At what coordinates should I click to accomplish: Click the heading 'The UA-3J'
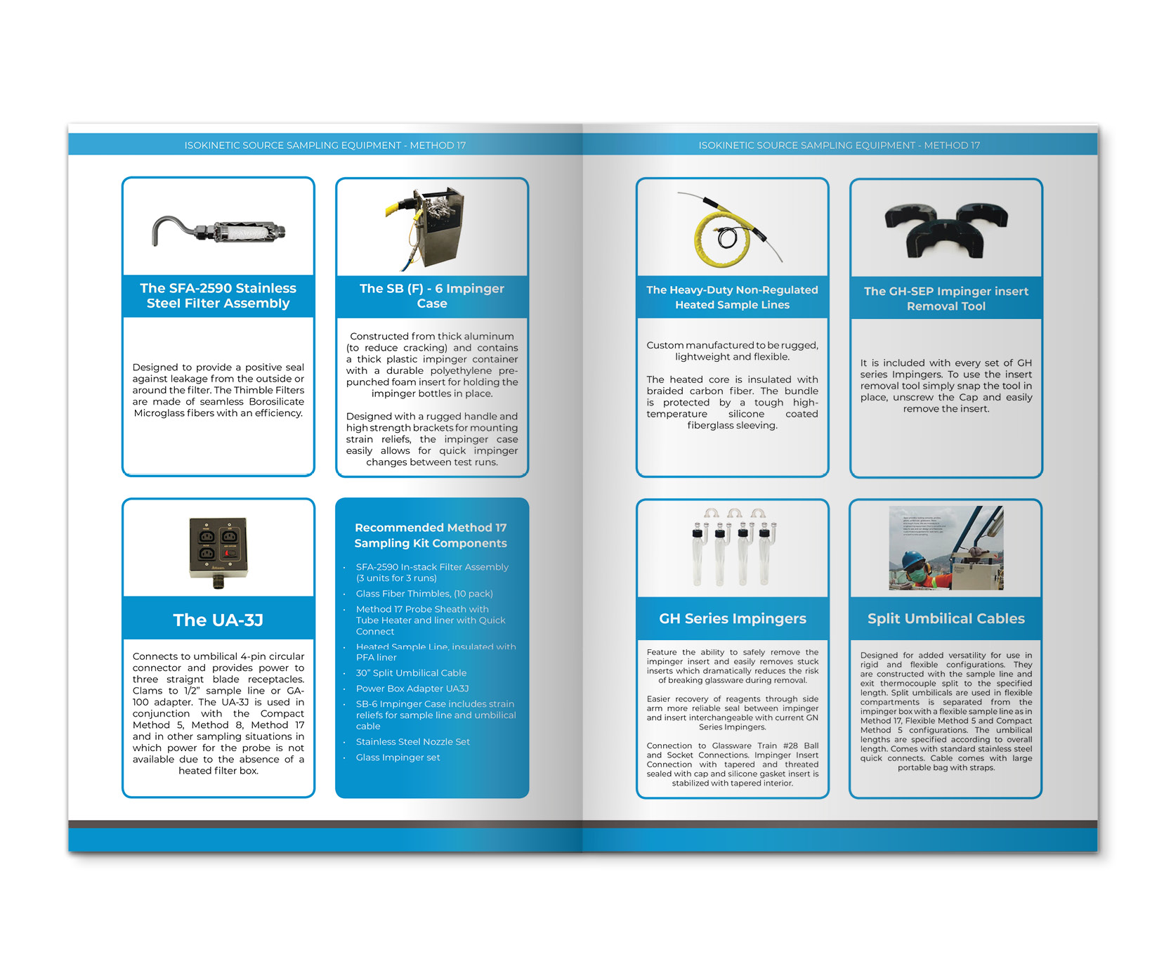pos(218,620)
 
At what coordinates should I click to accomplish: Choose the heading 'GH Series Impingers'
pos(732,618)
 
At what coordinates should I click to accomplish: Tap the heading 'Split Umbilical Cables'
pos(946,618)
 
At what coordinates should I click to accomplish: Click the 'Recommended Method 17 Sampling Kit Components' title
pos(431,535)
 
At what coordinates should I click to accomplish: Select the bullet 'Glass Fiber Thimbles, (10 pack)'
pos(424,594)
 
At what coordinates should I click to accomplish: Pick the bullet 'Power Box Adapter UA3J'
pos(412,689)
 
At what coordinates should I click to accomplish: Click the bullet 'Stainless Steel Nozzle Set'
pos(412,742)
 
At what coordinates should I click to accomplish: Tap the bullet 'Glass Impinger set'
pos(398,757)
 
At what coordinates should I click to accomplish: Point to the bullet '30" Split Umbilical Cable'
pos(411,673)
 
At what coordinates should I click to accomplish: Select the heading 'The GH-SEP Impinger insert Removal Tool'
pos(946,299)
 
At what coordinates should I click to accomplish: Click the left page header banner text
pos(325,145)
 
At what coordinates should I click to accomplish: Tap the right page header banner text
pos(839,145)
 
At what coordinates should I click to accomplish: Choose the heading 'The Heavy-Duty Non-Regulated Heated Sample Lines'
pos(732,297)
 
